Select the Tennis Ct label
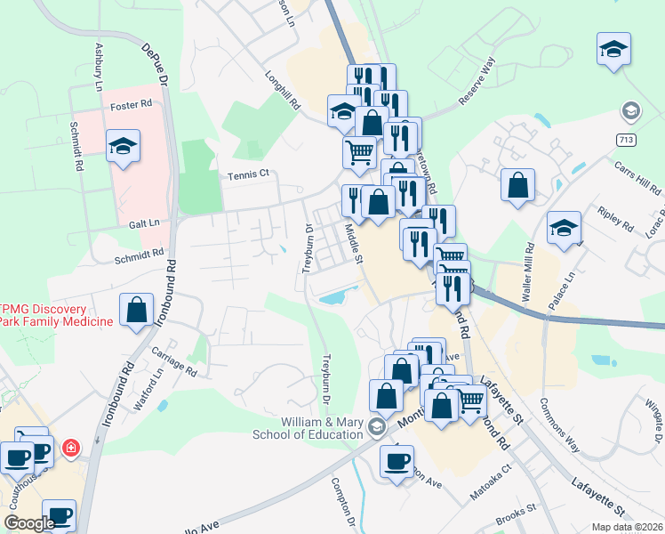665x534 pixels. tap(247, 175)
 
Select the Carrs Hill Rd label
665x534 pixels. tap(637, 178)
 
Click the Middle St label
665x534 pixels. tap(353, 243)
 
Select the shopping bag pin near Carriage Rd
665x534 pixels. tap(137, 311)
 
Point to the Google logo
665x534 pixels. tap(29, 523)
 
